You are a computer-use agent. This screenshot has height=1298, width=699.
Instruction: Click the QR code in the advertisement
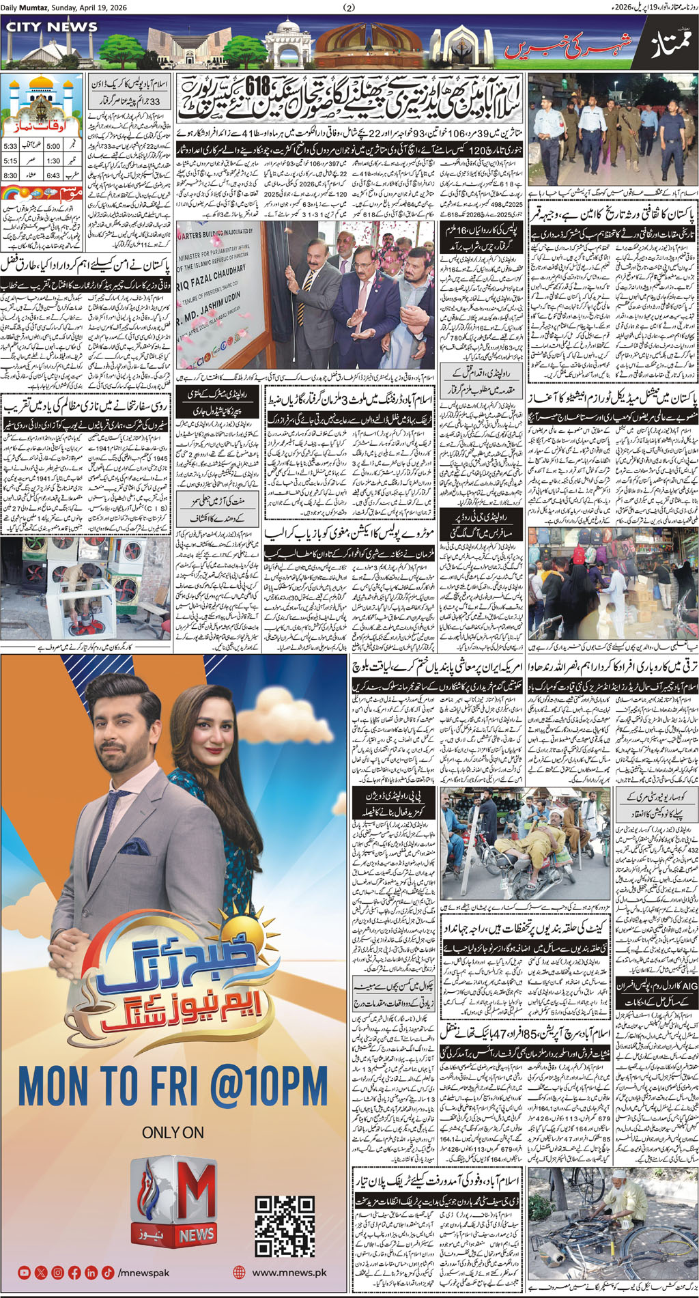point(285,1226)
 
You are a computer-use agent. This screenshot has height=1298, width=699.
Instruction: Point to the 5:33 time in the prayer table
point(10,146)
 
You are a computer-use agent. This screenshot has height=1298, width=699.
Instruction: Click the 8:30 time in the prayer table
point(10,175)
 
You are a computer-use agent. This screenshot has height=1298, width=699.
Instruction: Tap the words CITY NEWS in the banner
point(52,27)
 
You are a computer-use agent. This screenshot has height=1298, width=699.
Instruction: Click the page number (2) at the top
point(349,8)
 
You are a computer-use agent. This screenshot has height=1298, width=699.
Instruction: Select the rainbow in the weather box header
point(12,194)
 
